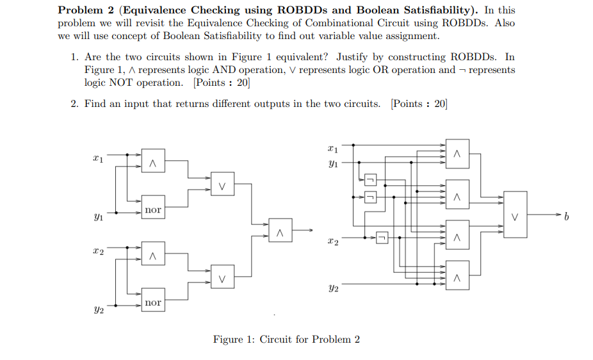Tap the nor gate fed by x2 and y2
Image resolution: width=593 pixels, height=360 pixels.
153,302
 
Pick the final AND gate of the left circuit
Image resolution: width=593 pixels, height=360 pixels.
280,229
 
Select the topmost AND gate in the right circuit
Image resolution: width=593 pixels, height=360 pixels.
457,154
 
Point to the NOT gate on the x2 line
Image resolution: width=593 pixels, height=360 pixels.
382,238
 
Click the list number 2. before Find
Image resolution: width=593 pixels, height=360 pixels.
75,104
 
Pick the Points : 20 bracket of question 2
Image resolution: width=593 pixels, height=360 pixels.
419,104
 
